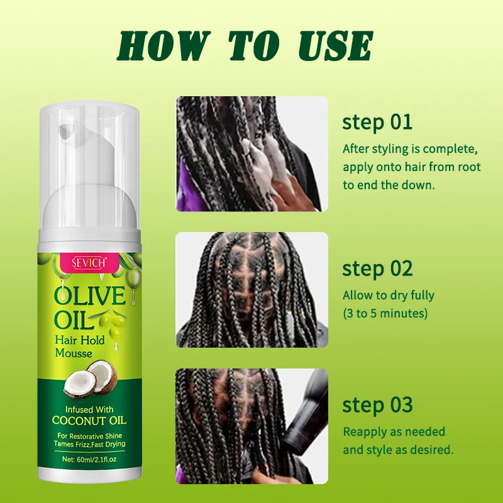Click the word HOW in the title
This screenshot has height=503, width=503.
coord(163,45)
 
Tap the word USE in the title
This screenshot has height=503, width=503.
coord(336,45)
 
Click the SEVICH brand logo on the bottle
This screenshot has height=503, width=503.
coord(89,263)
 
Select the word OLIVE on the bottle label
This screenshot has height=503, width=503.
coord(90,296)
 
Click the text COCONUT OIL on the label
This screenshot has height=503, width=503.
coord(89,420)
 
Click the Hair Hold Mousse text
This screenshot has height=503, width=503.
coord(80,346)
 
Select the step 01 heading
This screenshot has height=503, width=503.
coord(377,122)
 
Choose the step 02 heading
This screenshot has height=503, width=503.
coord(377,268)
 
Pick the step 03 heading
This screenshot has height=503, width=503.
coord(377,405)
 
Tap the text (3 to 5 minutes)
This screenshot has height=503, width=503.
coord(385,313)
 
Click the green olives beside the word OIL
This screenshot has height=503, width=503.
coord(113,324)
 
